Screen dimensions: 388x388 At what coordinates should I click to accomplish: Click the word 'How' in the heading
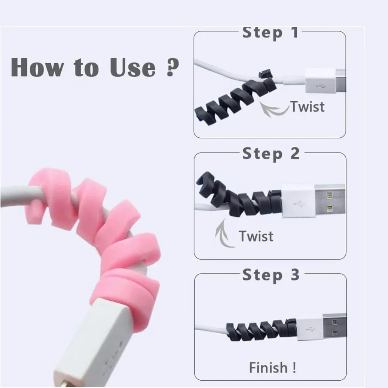click(x=37, y=67)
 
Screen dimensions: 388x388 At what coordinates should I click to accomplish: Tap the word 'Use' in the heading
click(x=133, y=67)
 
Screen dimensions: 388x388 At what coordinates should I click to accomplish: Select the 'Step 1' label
click(x=270, y=33)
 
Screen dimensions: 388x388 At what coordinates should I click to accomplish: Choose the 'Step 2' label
click(x=271, y=154)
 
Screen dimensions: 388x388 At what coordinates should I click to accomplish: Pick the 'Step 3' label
click(x=271, y=275)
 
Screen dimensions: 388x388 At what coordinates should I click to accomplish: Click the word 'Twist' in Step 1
click(x=307, y=107)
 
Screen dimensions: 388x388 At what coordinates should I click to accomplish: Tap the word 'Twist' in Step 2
click(x=256, y=236)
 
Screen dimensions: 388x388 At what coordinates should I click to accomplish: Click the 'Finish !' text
click(x=272, y=367)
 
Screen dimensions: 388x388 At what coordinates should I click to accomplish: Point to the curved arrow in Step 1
click(x=272, y=111)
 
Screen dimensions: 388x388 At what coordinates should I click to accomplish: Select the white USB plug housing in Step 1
click(x=320, y=80)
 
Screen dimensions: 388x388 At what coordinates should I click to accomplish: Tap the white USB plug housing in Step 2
click(x=299, y=201)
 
